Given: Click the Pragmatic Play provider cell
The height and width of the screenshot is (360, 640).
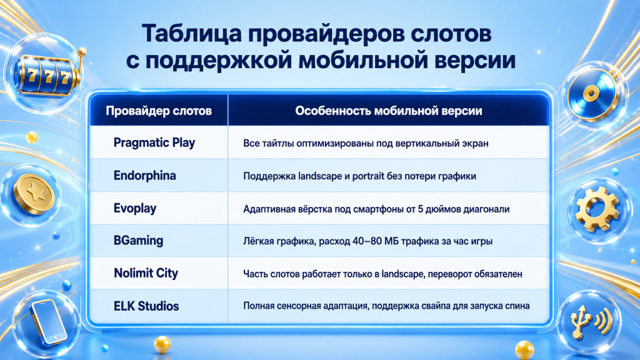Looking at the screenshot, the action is click(x=154, y=143).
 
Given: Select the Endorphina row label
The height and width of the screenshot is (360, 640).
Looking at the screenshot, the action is click(x=144, y=176).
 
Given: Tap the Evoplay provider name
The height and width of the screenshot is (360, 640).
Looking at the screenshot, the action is click(x=135, y=209).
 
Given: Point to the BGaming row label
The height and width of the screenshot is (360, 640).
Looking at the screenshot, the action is click(x=138, y=241).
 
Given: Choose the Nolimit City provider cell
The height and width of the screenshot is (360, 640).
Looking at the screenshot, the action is click(x=146, y=273).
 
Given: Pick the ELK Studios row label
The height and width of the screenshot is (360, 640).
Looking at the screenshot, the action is click(x=146, y=306).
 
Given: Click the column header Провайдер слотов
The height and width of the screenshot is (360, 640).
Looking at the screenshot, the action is click(x=159, y=111).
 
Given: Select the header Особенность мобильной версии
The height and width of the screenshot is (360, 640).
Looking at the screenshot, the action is click(x=389, y=111).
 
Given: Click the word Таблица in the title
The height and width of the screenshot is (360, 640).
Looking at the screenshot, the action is click(x=191, y=34).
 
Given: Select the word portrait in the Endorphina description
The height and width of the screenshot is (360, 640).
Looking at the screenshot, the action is click(x=368, y=176).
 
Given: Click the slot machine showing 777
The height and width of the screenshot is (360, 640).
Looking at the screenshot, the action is click(x=49, y=75).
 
